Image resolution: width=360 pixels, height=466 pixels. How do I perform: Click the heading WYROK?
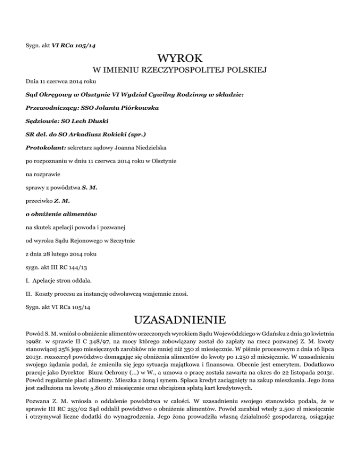(x=180, y=59)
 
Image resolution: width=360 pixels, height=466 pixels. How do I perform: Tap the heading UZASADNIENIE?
(x=180, y=322)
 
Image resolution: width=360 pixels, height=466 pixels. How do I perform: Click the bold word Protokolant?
(x=45, y=147)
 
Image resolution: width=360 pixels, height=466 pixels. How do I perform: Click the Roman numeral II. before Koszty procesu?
(x=29, y=294)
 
